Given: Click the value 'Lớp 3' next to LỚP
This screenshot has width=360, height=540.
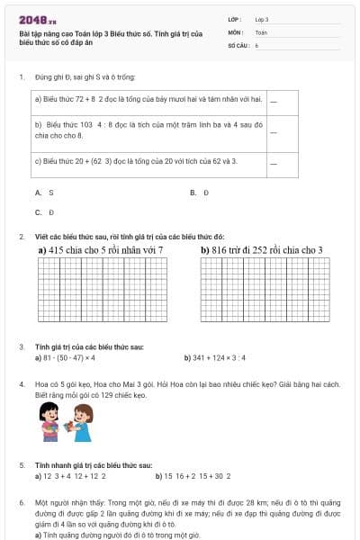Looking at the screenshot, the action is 262,19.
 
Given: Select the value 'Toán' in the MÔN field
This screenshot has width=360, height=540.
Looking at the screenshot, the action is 261,31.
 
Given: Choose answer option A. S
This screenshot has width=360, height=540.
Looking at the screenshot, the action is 45,193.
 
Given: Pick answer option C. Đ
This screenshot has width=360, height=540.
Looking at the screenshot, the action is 45,212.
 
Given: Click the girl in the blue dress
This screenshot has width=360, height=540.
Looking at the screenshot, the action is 82,422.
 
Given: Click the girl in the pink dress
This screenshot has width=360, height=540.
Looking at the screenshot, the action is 49,422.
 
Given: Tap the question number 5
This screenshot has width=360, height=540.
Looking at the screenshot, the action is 22,465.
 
